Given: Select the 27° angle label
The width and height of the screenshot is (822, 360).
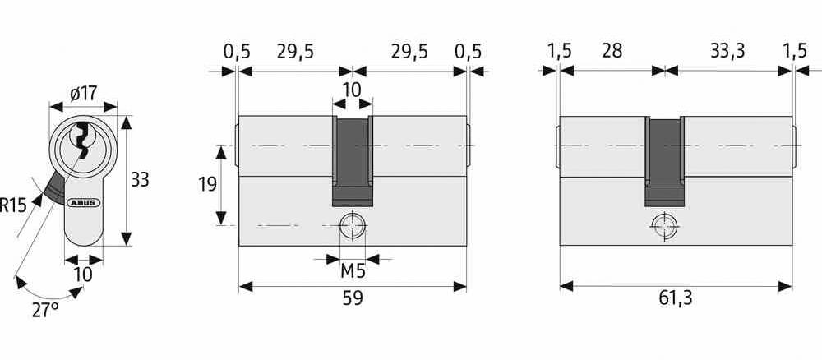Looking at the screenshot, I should pyautogui.click(x=46, y=311).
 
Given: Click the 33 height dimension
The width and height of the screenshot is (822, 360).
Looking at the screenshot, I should pyautogui.click(x=140, y=179).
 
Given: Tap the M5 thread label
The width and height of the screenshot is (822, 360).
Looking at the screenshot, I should pyautogui.click(x=353, y=271).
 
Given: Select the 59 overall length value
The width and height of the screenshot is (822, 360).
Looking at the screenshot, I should pyautogui.click(x=352, y=300).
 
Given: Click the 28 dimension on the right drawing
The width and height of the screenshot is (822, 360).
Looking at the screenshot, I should pyautogui.click(x=611, y=51).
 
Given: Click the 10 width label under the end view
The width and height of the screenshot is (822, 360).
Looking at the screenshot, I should pyautogui.click(x=83, y=274).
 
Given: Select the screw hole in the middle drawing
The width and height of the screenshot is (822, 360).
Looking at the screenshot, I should pyautogui.click(x=352, y=225).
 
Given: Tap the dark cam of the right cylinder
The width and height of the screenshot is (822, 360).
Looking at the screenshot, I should pyautogui.click(x=664, y=160).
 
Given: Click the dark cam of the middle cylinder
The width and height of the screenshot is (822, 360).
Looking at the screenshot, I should pyautogui.click(x=352, y=160).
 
